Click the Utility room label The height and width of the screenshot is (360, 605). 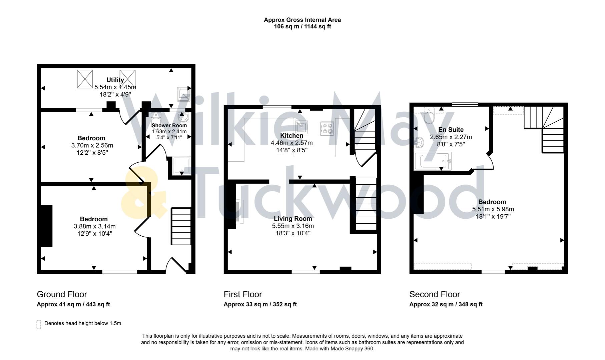tap(115, 80)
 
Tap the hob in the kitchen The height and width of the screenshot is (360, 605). tap(327, 128)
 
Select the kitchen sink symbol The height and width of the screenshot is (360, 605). tap(301, 127)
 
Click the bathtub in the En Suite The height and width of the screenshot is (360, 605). tap(433, 161)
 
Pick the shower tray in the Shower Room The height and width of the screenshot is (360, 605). tap(182, 166)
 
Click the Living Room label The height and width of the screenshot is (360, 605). tap(293, 219)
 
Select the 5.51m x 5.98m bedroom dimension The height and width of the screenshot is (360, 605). tap(493, 209)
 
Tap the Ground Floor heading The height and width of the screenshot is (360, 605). tap(62, 294)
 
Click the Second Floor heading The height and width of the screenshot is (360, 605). tap(435, 294)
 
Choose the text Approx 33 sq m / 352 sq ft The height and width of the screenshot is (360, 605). tap(260, 304)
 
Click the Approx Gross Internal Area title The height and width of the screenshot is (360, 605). tap(302, 20)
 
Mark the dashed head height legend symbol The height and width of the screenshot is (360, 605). tap(39, 324)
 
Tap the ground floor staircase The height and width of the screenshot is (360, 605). tap(181, 227)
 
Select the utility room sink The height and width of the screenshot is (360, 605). tap(183, 94)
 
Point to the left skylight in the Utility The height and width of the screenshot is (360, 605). tap(85, 79)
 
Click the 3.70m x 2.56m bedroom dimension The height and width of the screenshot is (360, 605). tap(92, 145)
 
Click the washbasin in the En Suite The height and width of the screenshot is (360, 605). tap(419, 142)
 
